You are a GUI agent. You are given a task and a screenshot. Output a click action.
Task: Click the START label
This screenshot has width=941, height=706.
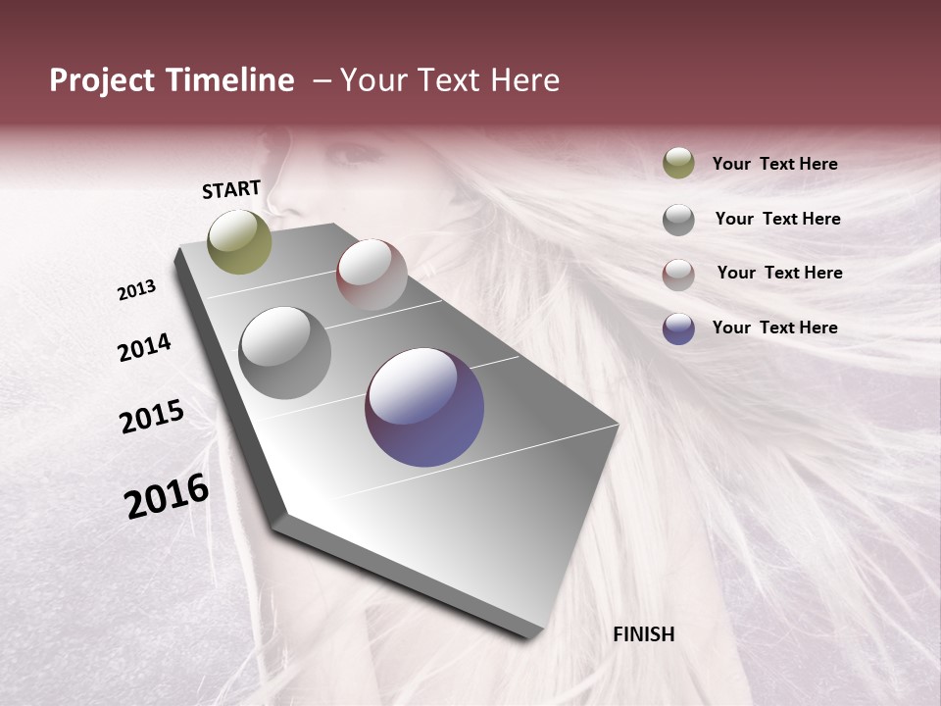231,189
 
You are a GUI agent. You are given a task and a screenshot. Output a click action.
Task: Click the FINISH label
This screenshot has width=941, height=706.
643,634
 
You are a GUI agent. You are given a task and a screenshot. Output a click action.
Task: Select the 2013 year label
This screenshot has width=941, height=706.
137,290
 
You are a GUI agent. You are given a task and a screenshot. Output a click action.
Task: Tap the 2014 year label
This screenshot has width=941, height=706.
144,348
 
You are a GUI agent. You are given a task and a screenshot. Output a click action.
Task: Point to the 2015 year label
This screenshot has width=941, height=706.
152,417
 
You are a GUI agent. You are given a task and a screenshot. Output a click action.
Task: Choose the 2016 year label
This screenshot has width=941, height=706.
167,496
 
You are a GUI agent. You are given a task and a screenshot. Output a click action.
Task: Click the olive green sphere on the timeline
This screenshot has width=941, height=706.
240,241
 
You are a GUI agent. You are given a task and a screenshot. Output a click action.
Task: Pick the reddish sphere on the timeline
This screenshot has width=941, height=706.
371,275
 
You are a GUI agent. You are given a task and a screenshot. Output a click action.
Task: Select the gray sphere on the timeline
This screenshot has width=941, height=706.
285,353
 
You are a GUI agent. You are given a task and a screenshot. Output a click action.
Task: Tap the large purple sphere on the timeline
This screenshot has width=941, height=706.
424,407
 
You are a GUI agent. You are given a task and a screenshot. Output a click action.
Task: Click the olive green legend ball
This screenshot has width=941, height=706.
678,163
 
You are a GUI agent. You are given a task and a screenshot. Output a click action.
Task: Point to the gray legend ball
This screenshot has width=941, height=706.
678,219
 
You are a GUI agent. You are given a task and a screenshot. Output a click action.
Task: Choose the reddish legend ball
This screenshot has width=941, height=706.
678,274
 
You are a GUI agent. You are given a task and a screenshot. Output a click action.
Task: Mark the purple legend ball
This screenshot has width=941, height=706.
678,328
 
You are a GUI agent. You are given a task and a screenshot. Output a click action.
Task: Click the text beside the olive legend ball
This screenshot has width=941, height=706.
774,164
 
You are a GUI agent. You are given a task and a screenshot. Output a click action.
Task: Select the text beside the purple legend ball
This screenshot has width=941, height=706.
774,328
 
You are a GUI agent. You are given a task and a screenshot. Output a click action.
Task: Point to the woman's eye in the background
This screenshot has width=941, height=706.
353,154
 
